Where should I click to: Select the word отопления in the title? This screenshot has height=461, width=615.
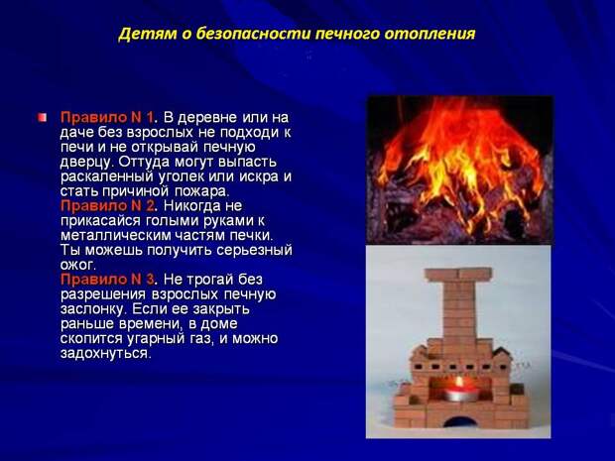click(430, 35)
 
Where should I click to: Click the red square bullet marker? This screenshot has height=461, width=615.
click(43, 117)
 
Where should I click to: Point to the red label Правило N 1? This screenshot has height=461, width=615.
click(108, 117)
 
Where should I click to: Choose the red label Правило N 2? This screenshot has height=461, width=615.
click(108, 205)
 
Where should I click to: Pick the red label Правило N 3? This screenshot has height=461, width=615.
click(108, 280)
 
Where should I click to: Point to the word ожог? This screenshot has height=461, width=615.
click(78, 266)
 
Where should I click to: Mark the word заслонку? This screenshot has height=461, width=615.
click(93, 309)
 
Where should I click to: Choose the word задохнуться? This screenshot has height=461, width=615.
click(105, 354)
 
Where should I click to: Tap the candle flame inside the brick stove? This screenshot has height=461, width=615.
click(459, 381)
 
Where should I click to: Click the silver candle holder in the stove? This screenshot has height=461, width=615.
click(461, 395)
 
